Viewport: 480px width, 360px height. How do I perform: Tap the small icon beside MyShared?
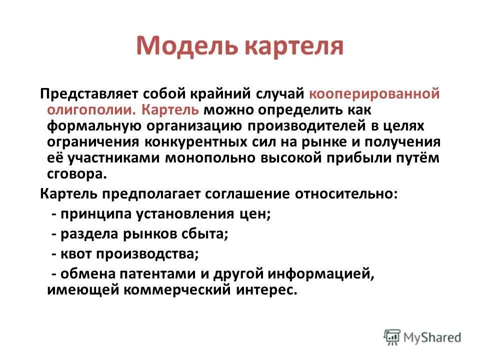pos(392,336)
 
